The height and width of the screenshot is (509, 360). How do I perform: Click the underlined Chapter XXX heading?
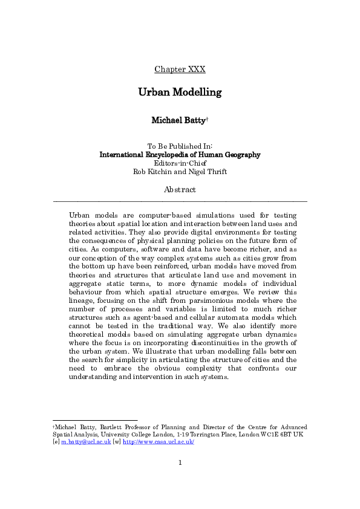180,69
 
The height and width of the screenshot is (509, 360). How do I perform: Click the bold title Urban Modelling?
180,92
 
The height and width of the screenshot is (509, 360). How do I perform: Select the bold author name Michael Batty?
178,120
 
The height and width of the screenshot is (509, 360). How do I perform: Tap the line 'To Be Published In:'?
180,146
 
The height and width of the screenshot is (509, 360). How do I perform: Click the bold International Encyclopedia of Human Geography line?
180,155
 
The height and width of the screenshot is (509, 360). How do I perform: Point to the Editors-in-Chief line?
180,163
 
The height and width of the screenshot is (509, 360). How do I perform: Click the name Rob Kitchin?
154,171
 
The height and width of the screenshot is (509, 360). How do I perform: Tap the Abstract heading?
180,189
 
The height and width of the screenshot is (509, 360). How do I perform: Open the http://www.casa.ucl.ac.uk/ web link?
158,442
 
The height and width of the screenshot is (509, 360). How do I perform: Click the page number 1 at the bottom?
180,463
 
